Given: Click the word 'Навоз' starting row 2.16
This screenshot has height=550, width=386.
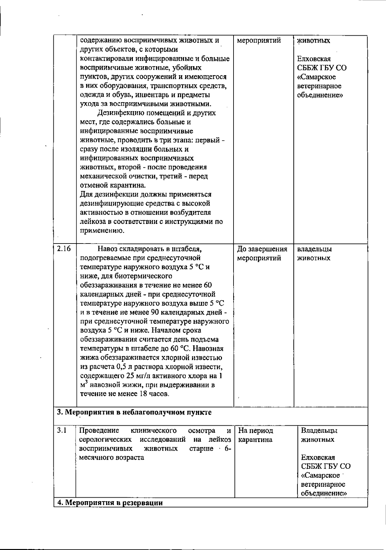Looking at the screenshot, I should (x=108, y=249).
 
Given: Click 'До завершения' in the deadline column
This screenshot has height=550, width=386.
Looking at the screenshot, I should (x=262, y=249).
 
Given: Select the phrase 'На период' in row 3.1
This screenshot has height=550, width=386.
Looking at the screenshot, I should (x=256, y=430).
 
